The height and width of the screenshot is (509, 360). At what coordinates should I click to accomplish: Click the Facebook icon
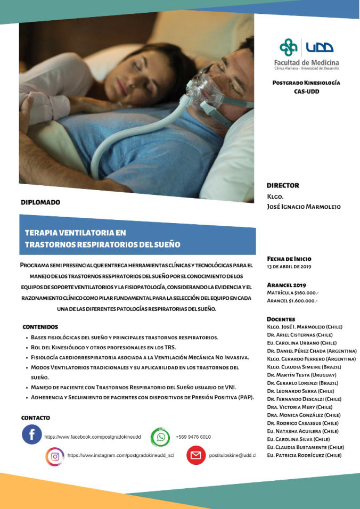31,434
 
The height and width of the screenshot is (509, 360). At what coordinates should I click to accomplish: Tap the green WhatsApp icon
160,437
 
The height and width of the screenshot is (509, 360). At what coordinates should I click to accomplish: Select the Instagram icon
54,456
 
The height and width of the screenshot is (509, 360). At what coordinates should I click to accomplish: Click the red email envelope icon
195,456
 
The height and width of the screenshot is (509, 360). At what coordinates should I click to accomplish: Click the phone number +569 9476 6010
193,437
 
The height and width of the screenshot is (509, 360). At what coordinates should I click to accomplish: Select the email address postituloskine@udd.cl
233,456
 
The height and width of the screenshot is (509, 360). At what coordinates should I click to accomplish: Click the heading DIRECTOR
283,185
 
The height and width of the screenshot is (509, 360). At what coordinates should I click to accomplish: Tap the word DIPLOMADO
40,202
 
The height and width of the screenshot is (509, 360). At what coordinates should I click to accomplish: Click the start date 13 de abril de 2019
289,267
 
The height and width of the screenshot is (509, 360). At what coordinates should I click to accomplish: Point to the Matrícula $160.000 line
292,293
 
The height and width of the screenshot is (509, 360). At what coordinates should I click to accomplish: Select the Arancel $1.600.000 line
292,301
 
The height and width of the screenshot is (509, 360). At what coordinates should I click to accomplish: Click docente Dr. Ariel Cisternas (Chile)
300,335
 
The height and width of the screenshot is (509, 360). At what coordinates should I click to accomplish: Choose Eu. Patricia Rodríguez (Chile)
304,455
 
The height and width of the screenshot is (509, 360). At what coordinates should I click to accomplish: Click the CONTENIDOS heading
40,326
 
